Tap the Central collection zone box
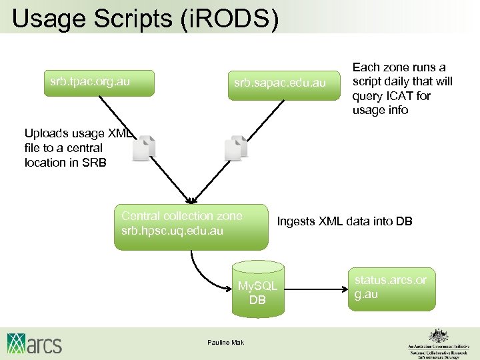(191, 226)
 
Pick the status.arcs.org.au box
(390, 287)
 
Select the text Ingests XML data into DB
(345, 221)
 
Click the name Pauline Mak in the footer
(226, 343)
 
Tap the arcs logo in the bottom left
(34, 343)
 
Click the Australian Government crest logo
(437, 335)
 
